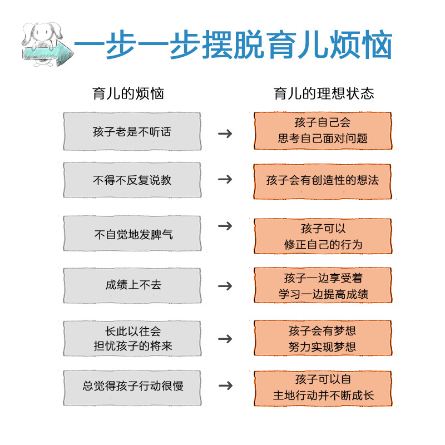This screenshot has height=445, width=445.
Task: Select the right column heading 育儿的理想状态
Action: click(324, 93)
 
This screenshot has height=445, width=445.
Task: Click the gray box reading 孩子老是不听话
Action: click(132, 132)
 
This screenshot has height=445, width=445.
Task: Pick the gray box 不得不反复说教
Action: click(132, 180)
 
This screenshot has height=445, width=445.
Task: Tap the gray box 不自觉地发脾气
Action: click(132, 234)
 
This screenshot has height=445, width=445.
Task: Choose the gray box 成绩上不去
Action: click(132, 285)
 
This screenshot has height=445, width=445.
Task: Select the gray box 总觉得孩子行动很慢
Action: click(132, 386)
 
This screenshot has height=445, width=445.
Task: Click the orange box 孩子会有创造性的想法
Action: click(323, 180)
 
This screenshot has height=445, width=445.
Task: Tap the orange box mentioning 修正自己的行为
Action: click(323, 236)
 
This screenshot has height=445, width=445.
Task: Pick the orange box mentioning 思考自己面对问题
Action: click(323, 131)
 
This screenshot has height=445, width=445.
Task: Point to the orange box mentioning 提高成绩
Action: click(323, 285)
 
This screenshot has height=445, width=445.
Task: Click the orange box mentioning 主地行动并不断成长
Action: click(323, 388)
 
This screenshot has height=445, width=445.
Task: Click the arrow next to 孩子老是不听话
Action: click(225, 133)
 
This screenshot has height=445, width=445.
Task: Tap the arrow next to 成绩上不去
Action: click(225, 286)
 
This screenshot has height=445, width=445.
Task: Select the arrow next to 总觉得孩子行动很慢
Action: click(225, 385)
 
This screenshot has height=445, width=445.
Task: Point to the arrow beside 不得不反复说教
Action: click(225, 179)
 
